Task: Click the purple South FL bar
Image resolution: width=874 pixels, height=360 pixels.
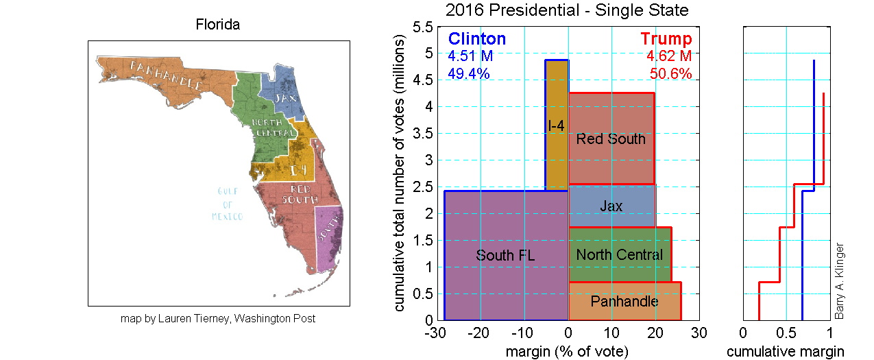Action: [x=505, y=255]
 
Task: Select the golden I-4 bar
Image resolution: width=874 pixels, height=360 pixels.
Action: [x=557, y=125]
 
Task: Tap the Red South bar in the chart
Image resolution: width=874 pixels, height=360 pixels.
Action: [x=611, y=139]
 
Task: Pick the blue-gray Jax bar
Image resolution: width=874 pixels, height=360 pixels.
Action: [x=611, y=206]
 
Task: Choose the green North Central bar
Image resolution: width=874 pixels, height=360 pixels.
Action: [x=619, y=255]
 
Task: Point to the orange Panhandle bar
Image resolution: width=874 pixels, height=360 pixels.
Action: [x=624, y=301]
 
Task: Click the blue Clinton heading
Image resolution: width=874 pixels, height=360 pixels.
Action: [x=476, y=39]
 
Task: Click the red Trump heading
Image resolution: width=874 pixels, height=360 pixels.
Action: [x=666, y=39]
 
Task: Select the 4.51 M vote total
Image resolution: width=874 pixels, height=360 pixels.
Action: [x=470, y=56]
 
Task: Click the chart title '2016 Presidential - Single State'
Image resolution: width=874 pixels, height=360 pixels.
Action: [x=566, y=10]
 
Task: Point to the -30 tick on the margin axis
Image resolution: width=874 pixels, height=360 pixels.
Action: [x=436, y=333]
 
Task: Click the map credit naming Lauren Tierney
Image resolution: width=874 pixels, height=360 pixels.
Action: [x=217, y=319]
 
